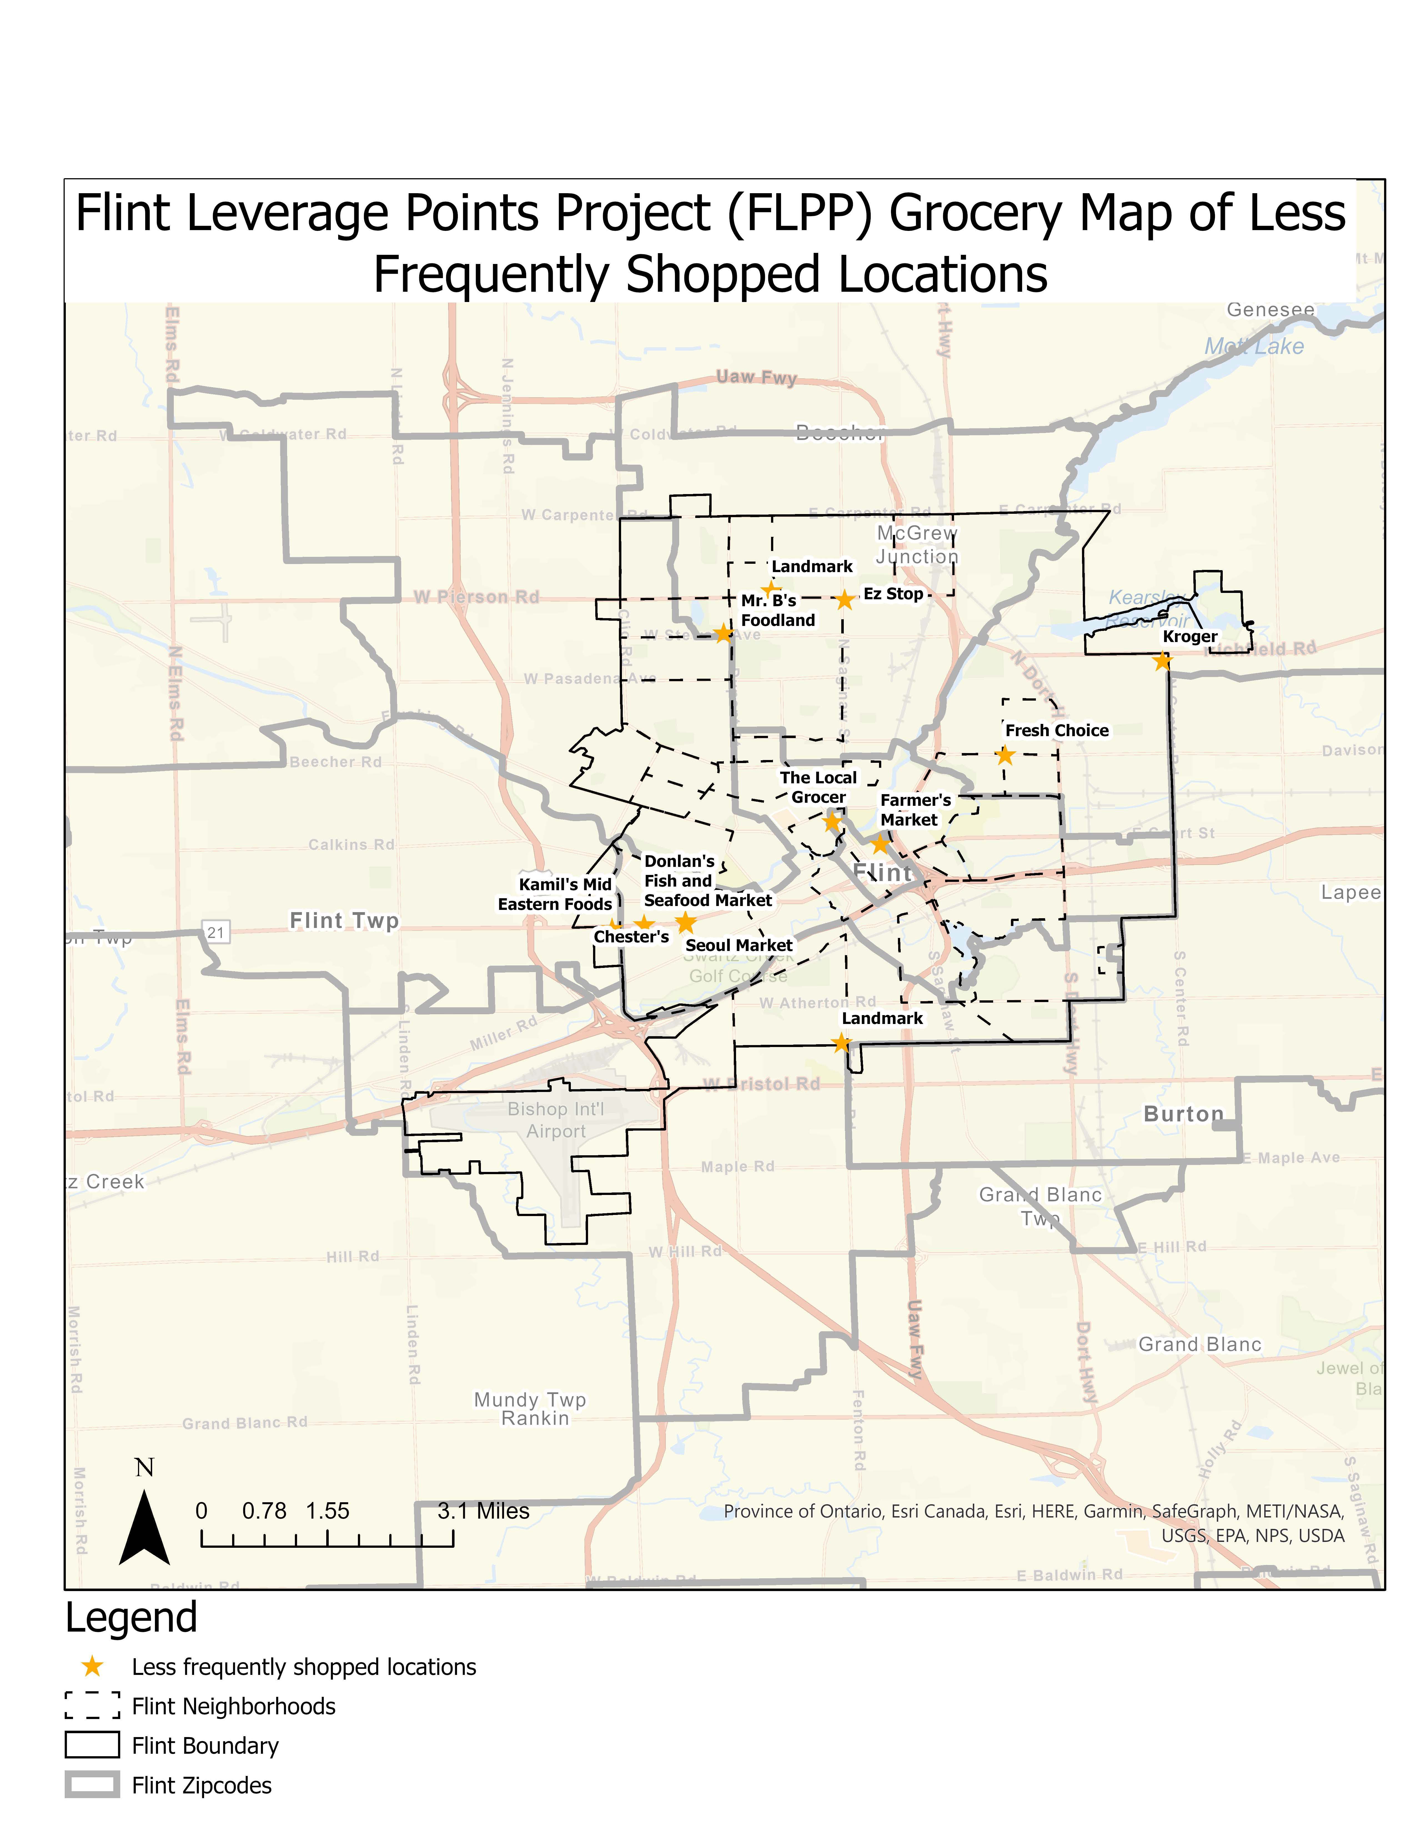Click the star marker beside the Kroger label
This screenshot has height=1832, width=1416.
click(1162, 662)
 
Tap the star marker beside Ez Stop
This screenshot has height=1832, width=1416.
click(845, 600)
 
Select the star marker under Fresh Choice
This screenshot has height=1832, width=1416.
click(1005, 755)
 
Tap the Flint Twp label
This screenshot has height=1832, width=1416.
click(344, 920)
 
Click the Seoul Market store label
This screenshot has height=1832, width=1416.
click(738, 945)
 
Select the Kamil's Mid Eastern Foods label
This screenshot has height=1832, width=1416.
click(555, 894)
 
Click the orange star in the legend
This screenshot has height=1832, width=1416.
click(92, 1667)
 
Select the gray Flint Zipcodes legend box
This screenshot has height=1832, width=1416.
click(92, 1785)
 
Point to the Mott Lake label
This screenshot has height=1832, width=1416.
click(1254, 346)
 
